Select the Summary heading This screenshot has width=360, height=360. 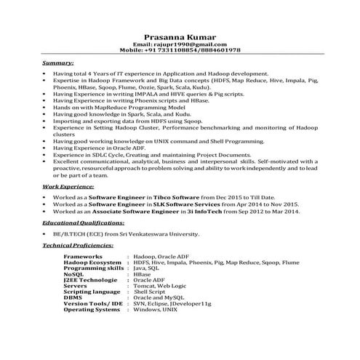(58, 64)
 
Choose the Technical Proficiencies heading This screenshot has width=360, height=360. (78, 246)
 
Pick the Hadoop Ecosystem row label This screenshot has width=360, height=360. (92, 263)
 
